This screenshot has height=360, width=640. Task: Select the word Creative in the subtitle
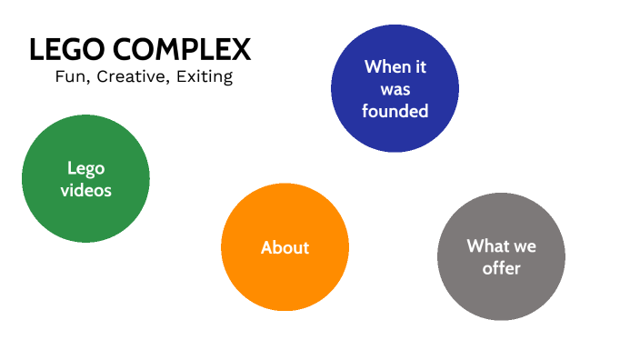click(130, 76)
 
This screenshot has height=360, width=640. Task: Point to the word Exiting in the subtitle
click(203, 76)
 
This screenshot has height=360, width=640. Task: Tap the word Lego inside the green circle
click(85, 168)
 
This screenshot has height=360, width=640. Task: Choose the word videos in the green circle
click(85, 190)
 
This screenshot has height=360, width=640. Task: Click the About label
click(285, 247)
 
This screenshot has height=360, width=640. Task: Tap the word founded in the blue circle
click(395, 111)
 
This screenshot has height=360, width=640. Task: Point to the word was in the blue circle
click(395, 89)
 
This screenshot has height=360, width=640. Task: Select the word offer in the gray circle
click(501, 268)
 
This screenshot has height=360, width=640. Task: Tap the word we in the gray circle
click(525, 246)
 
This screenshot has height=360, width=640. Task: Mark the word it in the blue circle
click(419, 66)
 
